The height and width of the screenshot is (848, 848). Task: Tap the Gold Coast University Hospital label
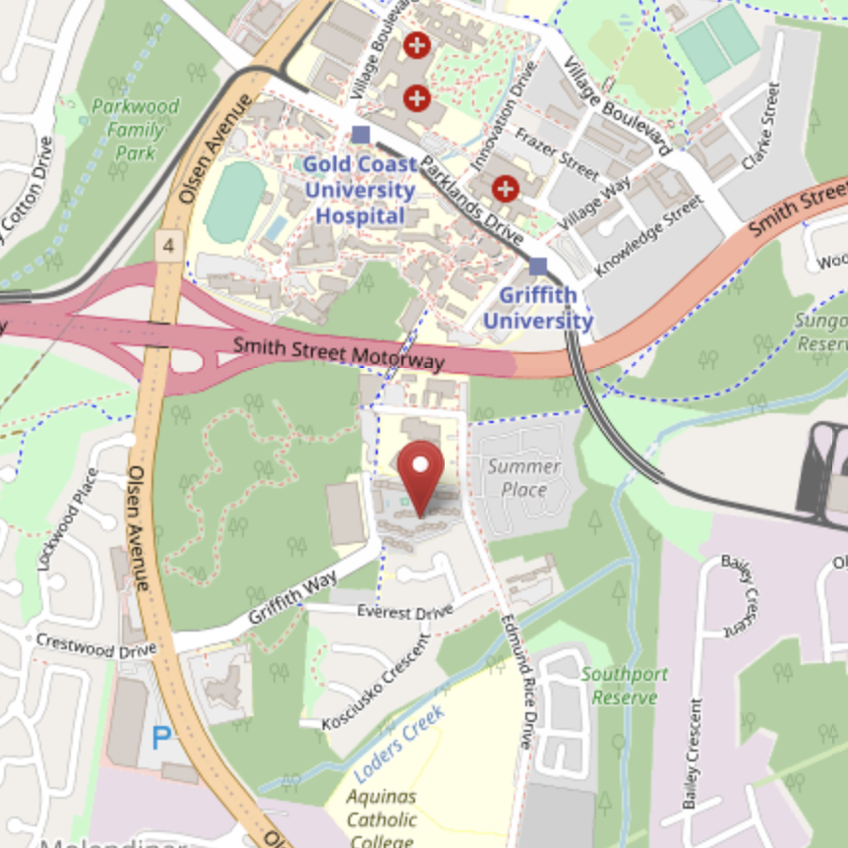(359, 190)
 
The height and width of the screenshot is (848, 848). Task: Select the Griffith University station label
(537, 308)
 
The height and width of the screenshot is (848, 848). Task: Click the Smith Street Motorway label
(339, 353)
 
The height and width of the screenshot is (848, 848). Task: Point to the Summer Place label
(524, 477)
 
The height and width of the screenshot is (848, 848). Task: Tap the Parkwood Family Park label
(135, 129)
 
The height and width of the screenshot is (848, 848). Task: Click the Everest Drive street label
(404, 612)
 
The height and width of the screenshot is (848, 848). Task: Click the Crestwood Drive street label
(95, 645)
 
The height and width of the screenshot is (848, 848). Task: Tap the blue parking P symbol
(160, 735)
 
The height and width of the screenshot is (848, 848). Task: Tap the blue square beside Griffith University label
(537, 266)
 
